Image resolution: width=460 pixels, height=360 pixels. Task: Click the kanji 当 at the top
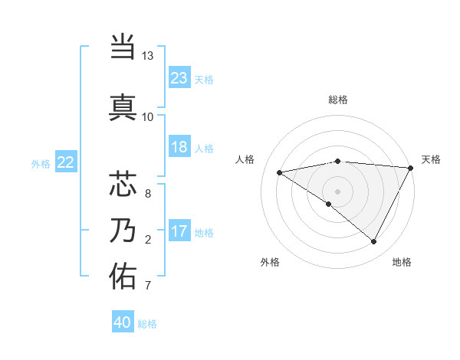(x=123, y=47)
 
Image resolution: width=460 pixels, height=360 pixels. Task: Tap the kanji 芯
(x=123, y=185)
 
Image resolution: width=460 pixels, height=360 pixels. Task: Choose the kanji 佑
(x=123, y=277)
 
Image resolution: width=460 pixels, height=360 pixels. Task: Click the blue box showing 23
(x=179, y=78)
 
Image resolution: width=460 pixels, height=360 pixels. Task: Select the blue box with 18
(x=179, y=147)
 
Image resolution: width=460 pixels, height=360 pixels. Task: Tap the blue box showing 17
(x=179, y=231)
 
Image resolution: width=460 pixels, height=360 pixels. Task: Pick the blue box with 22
(x=66, y=162)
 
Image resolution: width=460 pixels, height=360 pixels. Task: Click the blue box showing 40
(x=123, y=322)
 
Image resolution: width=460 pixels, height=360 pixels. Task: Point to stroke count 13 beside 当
(x=147, y=56)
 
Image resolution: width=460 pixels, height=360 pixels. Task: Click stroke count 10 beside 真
(x=147, y=116)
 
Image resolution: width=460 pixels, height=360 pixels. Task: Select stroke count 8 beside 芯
(x=147, y=194)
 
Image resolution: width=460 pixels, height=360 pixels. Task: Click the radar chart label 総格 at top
(x=337, y=100)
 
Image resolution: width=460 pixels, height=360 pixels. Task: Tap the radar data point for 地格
(x=374, y=242)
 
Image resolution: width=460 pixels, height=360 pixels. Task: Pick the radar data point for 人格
(x=280, y=172)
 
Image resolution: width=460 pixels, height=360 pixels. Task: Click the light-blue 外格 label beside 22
(x=41, y=163)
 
